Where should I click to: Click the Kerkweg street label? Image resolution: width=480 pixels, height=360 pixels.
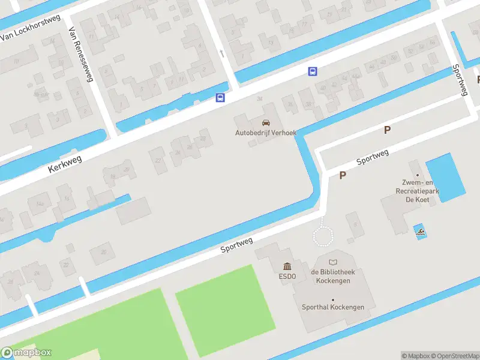[x=64, y=162]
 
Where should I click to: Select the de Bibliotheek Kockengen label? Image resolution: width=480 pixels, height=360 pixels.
[x=333, y=276]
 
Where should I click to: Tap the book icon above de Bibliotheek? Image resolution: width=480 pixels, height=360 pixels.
[x=333, y=262]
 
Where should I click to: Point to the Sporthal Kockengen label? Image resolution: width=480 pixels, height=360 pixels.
[x=333, y=307]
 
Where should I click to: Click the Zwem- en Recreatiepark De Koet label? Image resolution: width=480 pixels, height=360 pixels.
[x=417, y=191]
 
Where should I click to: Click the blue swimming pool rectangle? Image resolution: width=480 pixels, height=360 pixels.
[x=445, y=178]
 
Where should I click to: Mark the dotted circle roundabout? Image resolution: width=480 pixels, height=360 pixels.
[x=324, y=235]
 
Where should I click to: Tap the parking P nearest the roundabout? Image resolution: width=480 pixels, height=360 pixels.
[x=343, y=175]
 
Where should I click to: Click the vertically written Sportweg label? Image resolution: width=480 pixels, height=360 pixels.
[x=460, y=79]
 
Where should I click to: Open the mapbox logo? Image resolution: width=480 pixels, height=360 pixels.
[x=26, y=353]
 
